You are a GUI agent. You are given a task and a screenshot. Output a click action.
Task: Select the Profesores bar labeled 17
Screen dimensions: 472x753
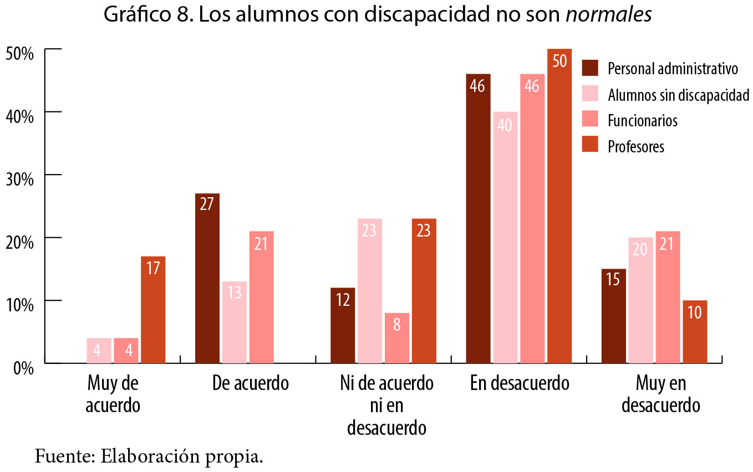pos(152,310)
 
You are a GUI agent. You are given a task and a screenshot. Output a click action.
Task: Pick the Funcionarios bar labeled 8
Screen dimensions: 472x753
pos(396,338)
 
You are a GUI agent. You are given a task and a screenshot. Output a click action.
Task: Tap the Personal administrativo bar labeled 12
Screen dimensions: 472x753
pos(343,325)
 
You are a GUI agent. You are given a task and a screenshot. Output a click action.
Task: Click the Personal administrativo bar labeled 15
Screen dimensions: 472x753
pos(613,316)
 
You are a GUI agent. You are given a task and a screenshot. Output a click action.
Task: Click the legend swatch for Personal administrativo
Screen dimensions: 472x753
pos(590,68)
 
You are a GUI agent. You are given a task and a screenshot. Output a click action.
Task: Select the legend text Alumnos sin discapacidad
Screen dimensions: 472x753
pos(678,95)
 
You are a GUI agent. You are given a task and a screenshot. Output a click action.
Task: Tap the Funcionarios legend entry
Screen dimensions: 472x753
pos(642,120)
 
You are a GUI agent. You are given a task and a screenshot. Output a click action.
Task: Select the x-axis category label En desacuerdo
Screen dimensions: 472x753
pos(520,383)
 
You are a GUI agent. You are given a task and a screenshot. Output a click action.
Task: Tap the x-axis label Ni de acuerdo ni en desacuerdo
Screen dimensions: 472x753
pos(386,406)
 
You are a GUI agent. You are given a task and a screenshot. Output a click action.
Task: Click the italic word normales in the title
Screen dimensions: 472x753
pos(608,16)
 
